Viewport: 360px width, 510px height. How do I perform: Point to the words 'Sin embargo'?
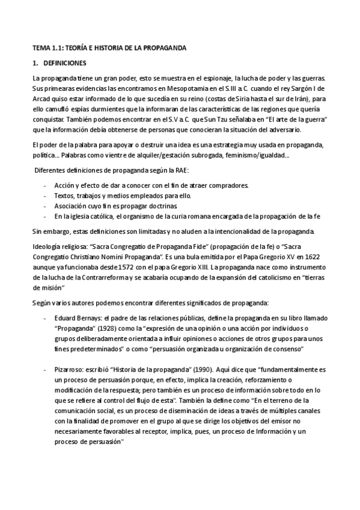(50, 232)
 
